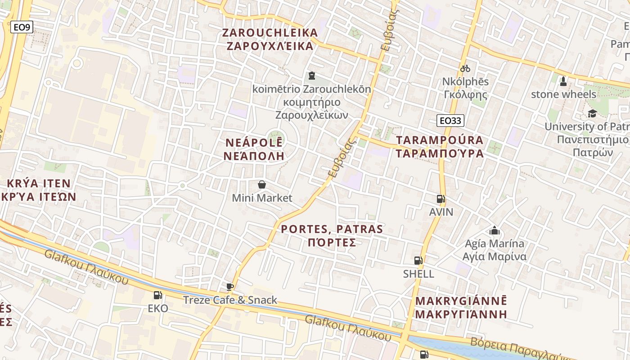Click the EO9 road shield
pyautogui.click(x=22, y=27)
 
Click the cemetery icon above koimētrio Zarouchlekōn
pyautogui.click(x=311, y=76)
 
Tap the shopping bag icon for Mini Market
pyautogui.click(x=261, y=184)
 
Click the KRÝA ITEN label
pyautogui.click(x=39, y=183)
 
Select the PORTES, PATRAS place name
pyautogui.click(x=332, y=229)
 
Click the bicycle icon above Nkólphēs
pyautogui.click(x=465, y=69)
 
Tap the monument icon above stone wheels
pyautogui.click(x=563, y=81)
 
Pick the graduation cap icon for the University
pyautogui.click(x=592, y=113)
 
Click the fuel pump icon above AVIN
pyautogui.click(x=441, y=198)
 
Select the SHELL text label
pyautogui.click(x=418, y=274)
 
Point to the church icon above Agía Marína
pyautogui.click(x=495, y=231)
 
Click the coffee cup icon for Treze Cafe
pyautogui.click(x=230, y=287)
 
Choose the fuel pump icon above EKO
pyautogui.click(x=158, y=295)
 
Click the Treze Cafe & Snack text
pyautogui.click(x=230, y=300)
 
